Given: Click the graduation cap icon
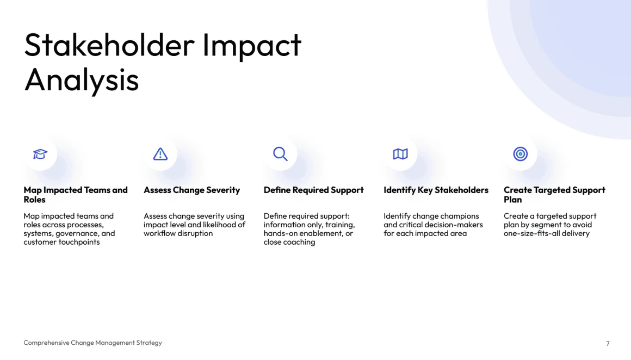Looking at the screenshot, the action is coord(40,154).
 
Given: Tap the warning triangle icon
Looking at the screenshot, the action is coord(160,154).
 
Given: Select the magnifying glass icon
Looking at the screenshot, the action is coord(280,154).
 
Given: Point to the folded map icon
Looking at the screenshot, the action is coord(400,154).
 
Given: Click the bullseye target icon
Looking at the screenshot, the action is coord(521,154).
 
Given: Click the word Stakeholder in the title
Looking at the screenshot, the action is coord(109,45).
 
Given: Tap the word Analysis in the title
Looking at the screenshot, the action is coord(82,79).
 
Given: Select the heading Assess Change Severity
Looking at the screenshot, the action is coord(191,190).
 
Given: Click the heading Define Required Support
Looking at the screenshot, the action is coord(313,190).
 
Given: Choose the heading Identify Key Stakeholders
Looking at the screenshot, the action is coord(436,190).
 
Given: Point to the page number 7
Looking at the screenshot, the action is coord(608,344).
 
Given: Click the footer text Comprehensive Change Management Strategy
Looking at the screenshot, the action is coord(92,343).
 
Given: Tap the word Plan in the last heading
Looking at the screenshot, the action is coord(512,200).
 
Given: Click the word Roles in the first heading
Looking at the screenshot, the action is coord(35,200).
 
